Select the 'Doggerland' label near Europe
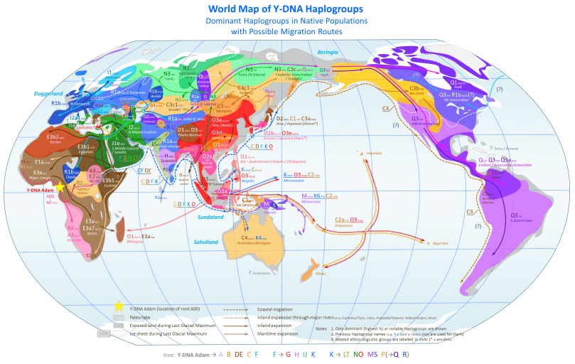[48, 93]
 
